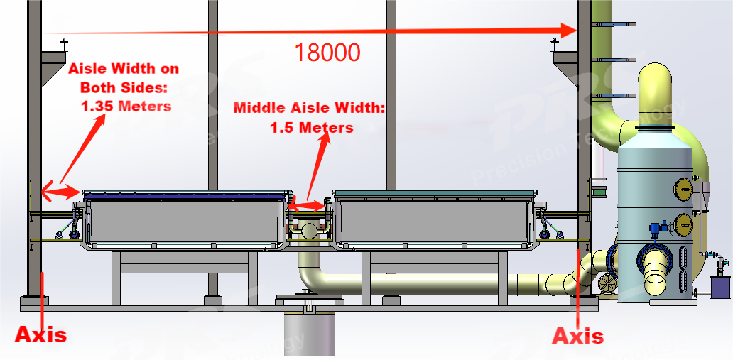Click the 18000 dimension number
tap(327, 52)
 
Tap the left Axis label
tap(41, 334)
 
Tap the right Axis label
tap(578, 335)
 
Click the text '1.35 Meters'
tap(125, 106)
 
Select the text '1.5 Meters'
tap(311, 128)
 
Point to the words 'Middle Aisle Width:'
tap(309, 109)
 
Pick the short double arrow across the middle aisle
tap(307, 207)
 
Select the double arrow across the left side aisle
tap(60, 191)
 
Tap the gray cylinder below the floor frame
tap(308, 334)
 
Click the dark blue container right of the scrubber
tap(720, 287)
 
